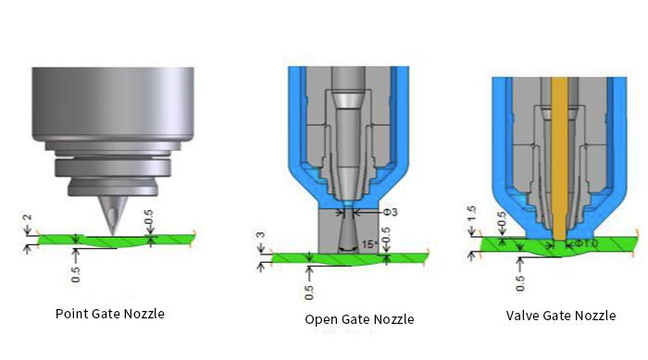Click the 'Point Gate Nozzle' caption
click(110, 314)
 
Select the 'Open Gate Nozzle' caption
click(359, 319)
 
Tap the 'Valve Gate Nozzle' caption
click(561, 316)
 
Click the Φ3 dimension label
click(393, 212)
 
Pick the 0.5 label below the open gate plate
click(309, 291)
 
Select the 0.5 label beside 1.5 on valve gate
click(502, 223)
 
